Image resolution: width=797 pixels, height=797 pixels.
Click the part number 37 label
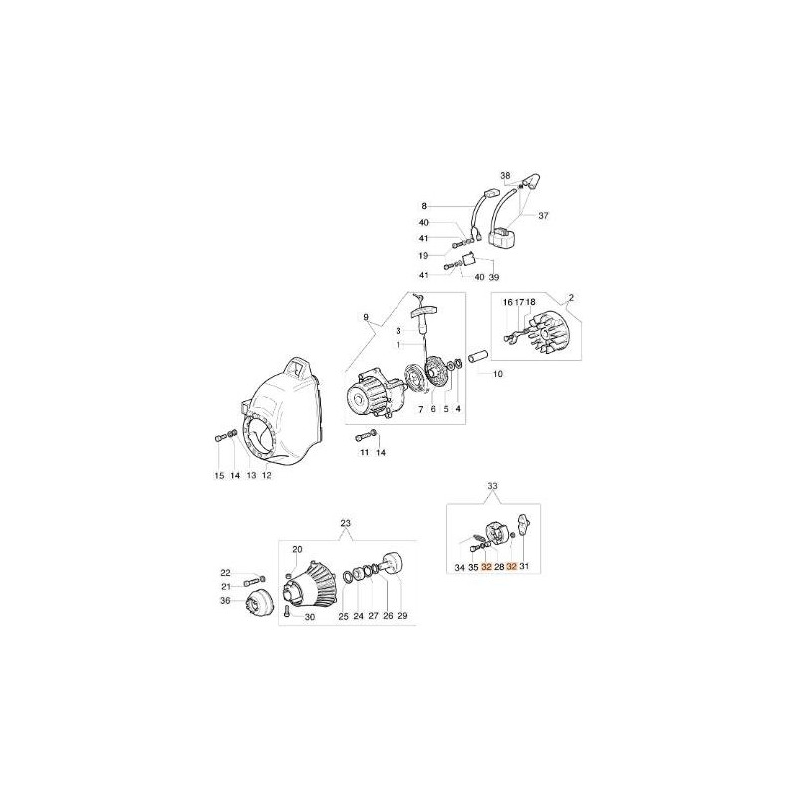[x=543, y=216]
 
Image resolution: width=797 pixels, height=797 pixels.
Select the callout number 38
[x=505, y=176]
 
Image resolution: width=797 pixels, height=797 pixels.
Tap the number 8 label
[x=424, y=206]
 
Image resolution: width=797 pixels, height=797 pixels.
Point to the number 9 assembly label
[x=366, y=317]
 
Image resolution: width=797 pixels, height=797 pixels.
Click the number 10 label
[x=497, y=374]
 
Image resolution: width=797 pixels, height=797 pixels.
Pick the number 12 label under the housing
[x=266, y=476]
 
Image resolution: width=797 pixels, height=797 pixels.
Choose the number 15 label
[x=219, y=476]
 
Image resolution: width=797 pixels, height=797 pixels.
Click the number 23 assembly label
[x=345, y=523]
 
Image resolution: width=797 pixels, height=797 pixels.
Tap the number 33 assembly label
[x=492, y=486]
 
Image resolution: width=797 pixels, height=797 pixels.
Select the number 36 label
[x=225, y=601]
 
